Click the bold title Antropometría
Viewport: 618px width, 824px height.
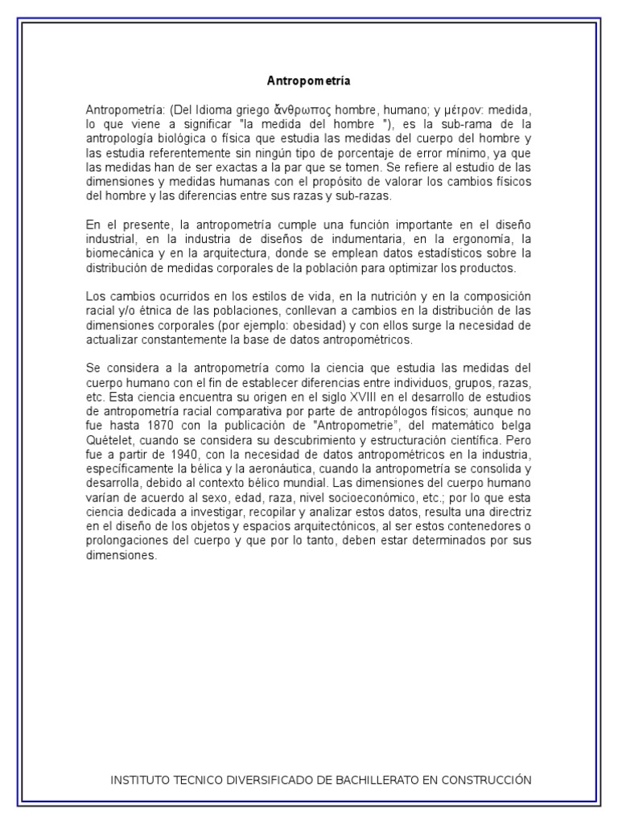tap(309, 81)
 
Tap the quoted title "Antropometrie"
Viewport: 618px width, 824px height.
tap(353, 431)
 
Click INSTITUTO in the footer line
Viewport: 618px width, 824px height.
tap(141, 780)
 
